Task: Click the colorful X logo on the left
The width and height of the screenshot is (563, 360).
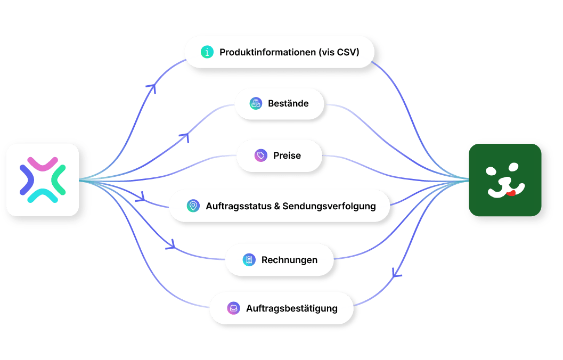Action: (43, 180)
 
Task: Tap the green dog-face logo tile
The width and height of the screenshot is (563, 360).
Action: (505, 180)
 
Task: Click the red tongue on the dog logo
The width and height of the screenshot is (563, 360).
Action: (511, 193)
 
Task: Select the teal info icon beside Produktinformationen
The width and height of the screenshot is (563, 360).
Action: (207, 52)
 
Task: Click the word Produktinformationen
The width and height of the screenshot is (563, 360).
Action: (267, 52)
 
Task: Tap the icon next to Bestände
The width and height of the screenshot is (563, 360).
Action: (256, 103)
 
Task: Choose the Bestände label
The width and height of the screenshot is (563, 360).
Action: (288, 103)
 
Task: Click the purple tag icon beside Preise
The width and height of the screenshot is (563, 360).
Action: (261, 156)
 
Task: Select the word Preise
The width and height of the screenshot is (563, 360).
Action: (287, 156)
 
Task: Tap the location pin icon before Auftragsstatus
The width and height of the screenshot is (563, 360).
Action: (193, 206)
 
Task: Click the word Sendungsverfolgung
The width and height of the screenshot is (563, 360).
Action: (329, 207)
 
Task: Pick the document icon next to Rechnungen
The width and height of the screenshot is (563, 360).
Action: (249, 260)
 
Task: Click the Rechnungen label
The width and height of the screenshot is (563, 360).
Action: (289, 260)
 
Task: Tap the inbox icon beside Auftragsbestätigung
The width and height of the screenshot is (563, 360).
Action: (234, 308)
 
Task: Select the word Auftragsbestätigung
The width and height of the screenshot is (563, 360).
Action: (292, 309)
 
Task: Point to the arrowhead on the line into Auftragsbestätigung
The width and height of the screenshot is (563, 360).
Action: (396, 274)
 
